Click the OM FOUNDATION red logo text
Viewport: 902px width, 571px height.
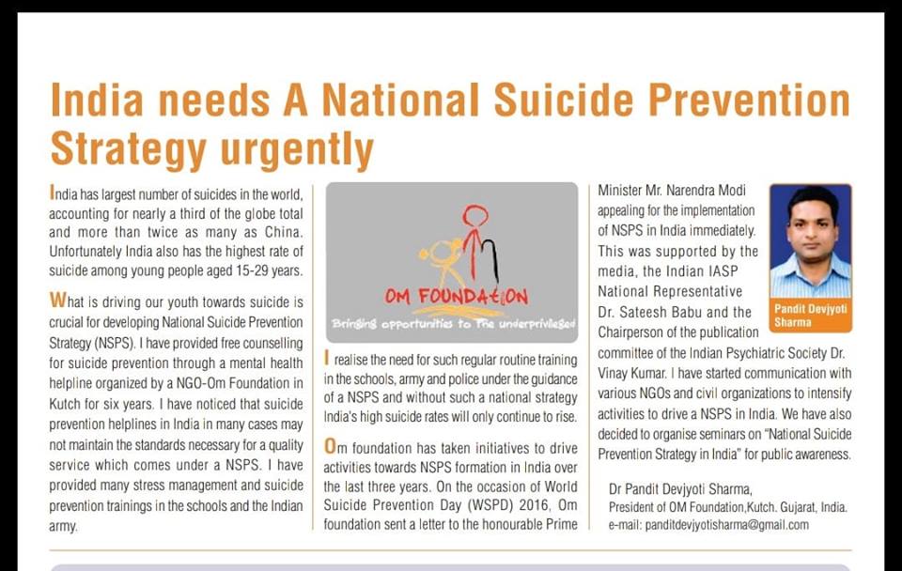[x=457, y=297]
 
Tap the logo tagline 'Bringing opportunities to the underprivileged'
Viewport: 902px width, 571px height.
[x=452, y=324]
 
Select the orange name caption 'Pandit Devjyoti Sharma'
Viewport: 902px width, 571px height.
[x=810, y=315]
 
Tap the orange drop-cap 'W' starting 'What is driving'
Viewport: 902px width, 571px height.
[x=56, y=301]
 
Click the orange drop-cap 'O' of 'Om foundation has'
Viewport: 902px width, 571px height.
[x=331, y=443]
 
